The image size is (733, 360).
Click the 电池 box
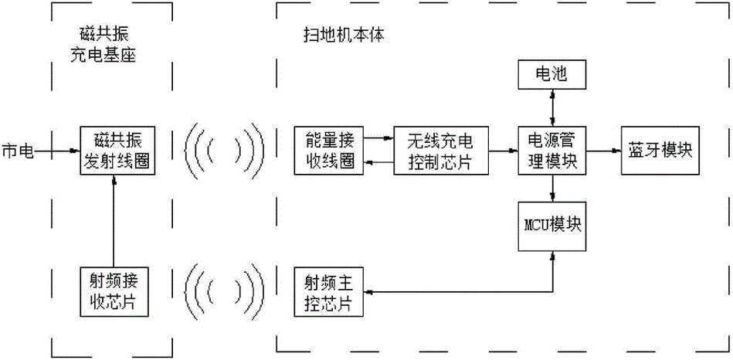(x=553, y=75)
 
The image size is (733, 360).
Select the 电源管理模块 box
(x=553, y=150)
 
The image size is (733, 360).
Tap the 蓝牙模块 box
(x=657, y=150)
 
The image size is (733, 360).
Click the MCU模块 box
(x=553, y=226)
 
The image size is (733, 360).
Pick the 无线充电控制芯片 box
(x=443, y=150)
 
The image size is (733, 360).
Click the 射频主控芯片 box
(x=329, y=291)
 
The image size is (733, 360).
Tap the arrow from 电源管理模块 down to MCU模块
(x=553, y=188)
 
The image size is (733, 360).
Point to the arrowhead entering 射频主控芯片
(x=368, y=292)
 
